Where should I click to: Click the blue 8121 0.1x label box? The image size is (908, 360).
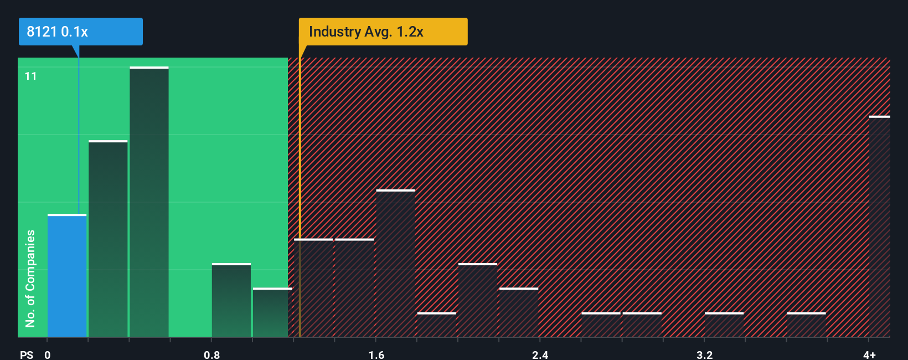(80, 32)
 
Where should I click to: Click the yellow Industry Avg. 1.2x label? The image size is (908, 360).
(383, 32)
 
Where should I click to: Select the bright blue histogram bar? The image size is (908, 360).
(67, 275)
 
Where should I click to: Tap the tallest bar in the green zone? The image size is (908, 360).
(149, 202)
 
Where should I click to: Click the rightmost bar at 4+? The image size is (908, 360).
(879, 227)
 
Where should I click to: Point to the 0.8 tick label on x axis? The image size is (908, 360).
(212, 354)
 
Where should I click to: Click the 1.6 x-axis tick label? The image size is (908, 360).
(376, 354)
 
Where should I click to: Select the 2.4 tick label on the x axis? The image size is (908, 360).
(540, 354)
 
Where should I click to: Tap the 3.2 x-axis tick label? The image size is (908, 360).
(704, 354)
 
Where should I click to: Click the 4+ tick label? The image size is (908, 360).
(869, 354)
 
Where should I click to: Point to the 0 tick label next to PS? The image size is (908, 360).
(48, 354)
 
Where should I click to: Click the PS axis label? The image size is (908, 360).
(27, 354)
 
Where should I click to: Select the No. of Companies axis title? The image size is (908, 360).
(30, 278)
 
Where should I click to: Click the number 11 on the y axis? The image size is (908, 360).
(31, 76)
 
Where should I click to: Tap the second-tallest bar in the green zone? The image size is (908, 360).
(108, 239)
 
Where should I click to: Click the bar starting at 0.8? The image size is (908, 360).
(231, 300)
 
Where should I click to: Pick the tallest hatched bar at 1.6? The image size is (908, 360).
(395, 263)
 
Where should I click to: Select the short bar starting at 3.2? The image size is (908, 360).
(724, 325)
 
